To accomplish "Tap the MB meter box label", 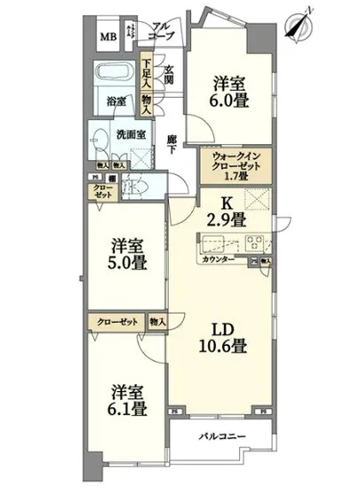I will tap(108, 37).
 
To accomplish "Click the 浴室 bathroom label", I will tap(117, 100).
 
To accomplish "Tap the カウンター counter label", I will tap(218, 261).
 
